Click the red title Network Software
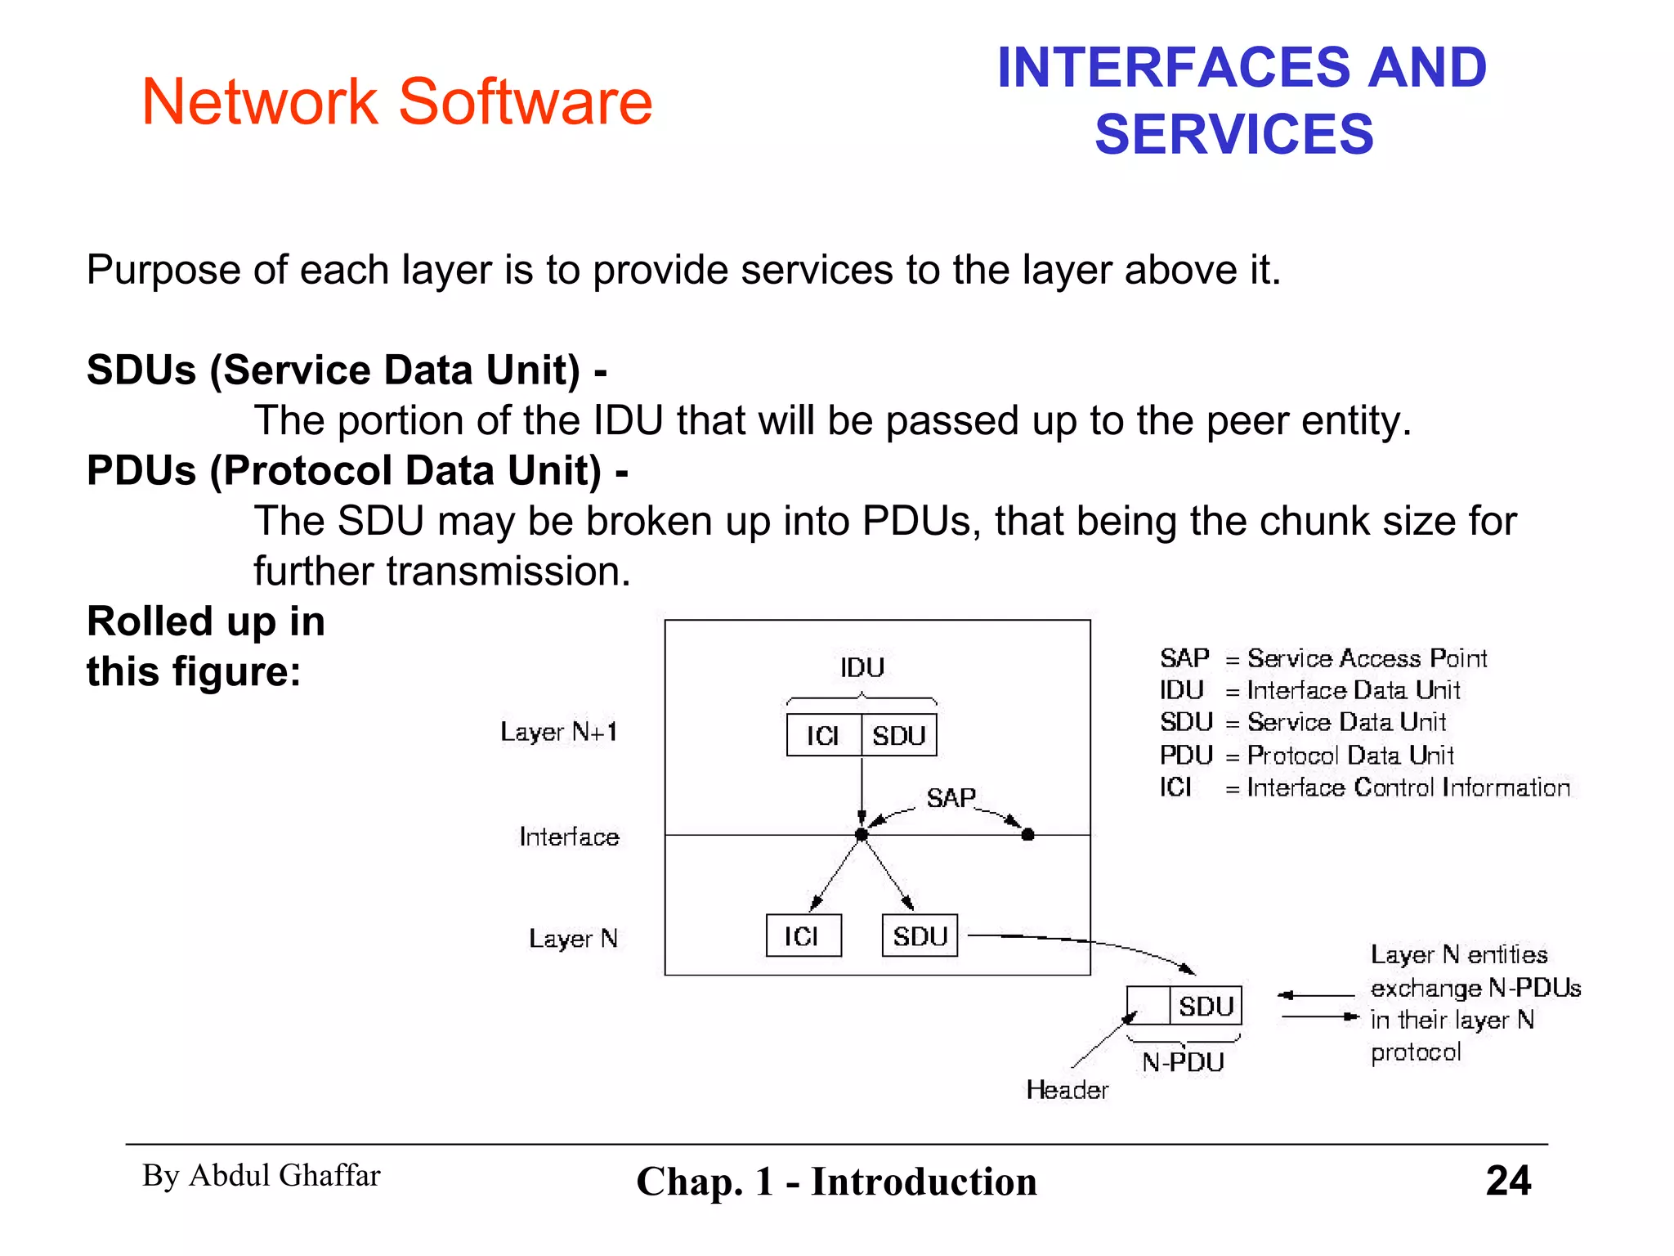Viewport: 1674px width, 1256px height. [397, 101]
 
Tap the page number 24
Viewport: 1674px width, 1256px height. [1508, 1180]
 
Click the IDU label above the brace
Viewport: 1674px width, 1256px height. [862, 667]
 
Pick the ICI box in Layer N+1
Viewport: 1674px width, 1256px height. [823, 735]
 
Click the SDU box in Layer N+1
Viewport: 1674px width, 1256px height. [898, 735]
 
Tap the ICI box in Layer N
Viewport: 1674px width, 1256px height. [803, 935]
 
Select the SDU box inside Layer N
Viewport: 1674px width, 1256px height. [920, 935]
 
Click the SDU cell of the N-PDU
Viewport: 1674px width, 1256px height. [1206, 1005]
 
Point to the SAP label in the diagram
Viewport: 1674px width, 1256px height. [951, 797]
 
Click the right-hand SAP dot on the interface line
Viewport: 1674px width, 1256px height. [1028, 834]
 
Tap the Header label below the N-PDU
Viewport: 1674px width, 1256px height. [1068, 1089]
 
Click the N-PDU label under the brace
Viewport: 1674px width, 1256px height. [1183, 1061]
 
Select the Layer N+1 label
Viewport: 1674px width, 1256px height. [559, 731]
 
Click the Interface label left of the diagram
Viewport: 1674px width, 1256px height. [570, 837]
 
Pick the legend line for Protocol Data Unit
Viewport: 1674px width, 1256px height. [1306, 755]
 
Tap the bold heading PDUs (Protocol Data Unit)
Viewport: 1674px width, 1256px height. [357, 470]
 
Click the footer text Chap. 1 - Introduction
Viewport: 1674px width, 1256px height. [836, 1181]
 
